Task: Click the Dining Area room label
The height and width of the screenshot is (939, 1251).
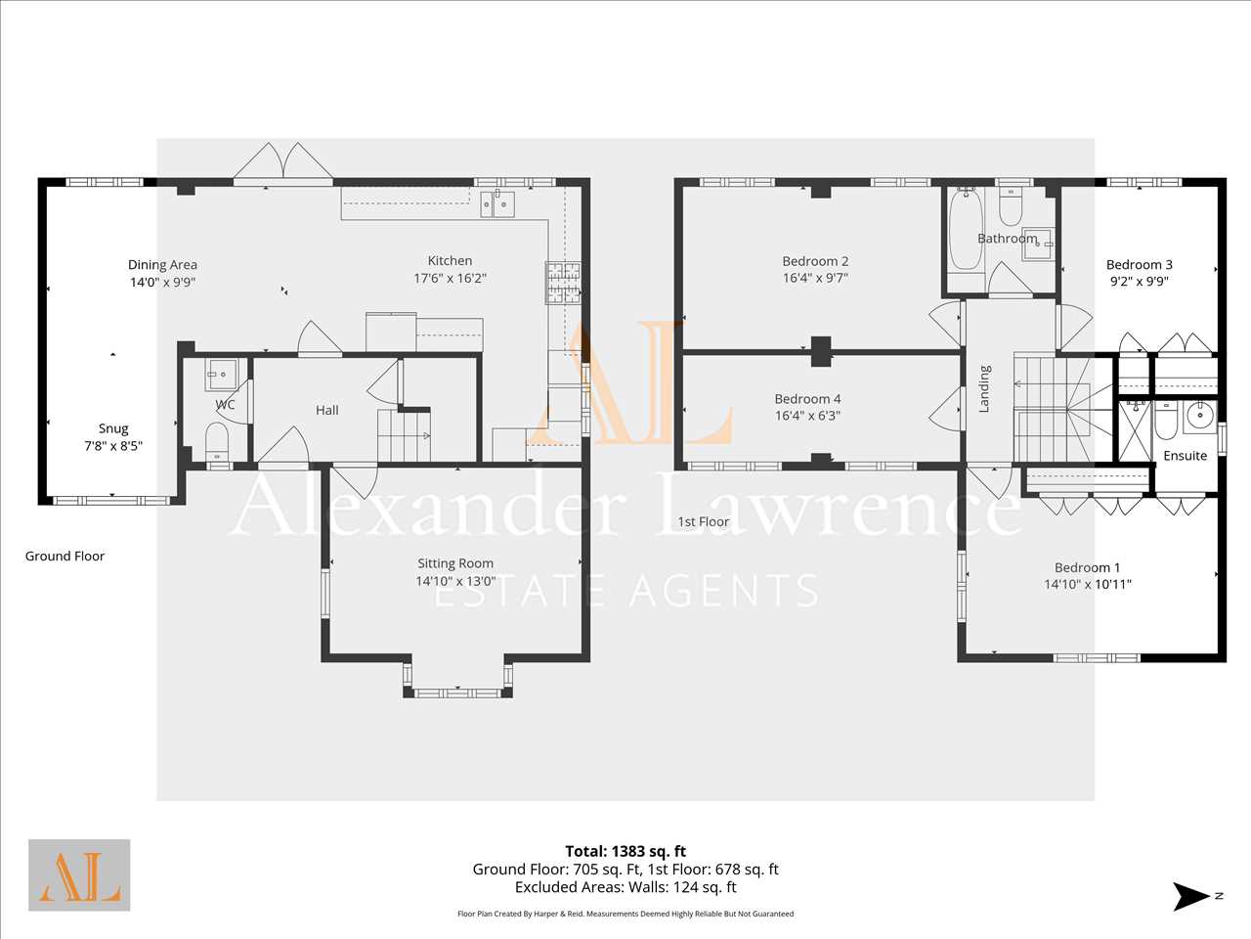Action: (x=162, y=264)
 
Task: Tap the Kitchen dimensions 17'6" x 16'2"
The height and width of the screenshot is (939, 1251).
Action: (x=450, y=278)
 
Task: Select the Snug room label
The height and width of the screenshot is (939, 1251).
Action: (x=112, y=428)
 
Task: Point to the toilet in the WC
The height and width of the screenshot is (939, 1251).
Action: (x=217, y=441)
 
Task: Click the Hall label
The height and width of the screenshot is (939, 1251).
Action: (x=327, y=410)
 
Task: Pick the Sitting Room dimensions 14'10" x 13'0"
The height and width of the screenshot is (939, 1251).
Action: (x=455, y=581)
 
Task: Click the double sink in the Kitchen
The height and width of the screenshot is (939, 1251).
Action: (x=497, y=203)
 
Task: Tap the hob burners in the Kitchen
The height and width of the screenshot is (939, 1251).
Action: (x=563, y=283)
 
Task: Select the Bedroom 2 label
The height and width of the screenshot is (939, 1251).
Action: (x=815, y=261)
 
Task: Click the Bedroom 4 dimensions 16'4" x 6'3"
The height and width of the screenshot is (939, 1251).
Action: (x=807, y=416)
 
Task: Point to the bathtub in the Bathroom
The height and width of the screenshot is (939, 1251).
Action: (x=966, y=230)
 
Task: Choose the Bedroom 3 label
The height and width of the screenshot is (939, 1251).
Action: (x=1140, y=264)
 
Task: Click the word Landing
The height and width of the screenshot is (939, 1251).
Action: (x=984, y=389)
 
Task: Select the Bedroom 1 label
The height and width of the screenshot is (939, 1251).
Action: (x=1088, y=567)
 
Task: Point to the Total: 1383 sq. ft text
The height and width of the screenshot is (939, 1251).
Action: (x=625, y=851)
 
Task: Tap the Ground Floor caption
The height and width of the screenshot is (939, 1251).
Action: (x=65, y=556)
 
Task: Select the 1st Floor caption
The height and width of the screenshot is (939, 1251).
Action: (x=704, y=521)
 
